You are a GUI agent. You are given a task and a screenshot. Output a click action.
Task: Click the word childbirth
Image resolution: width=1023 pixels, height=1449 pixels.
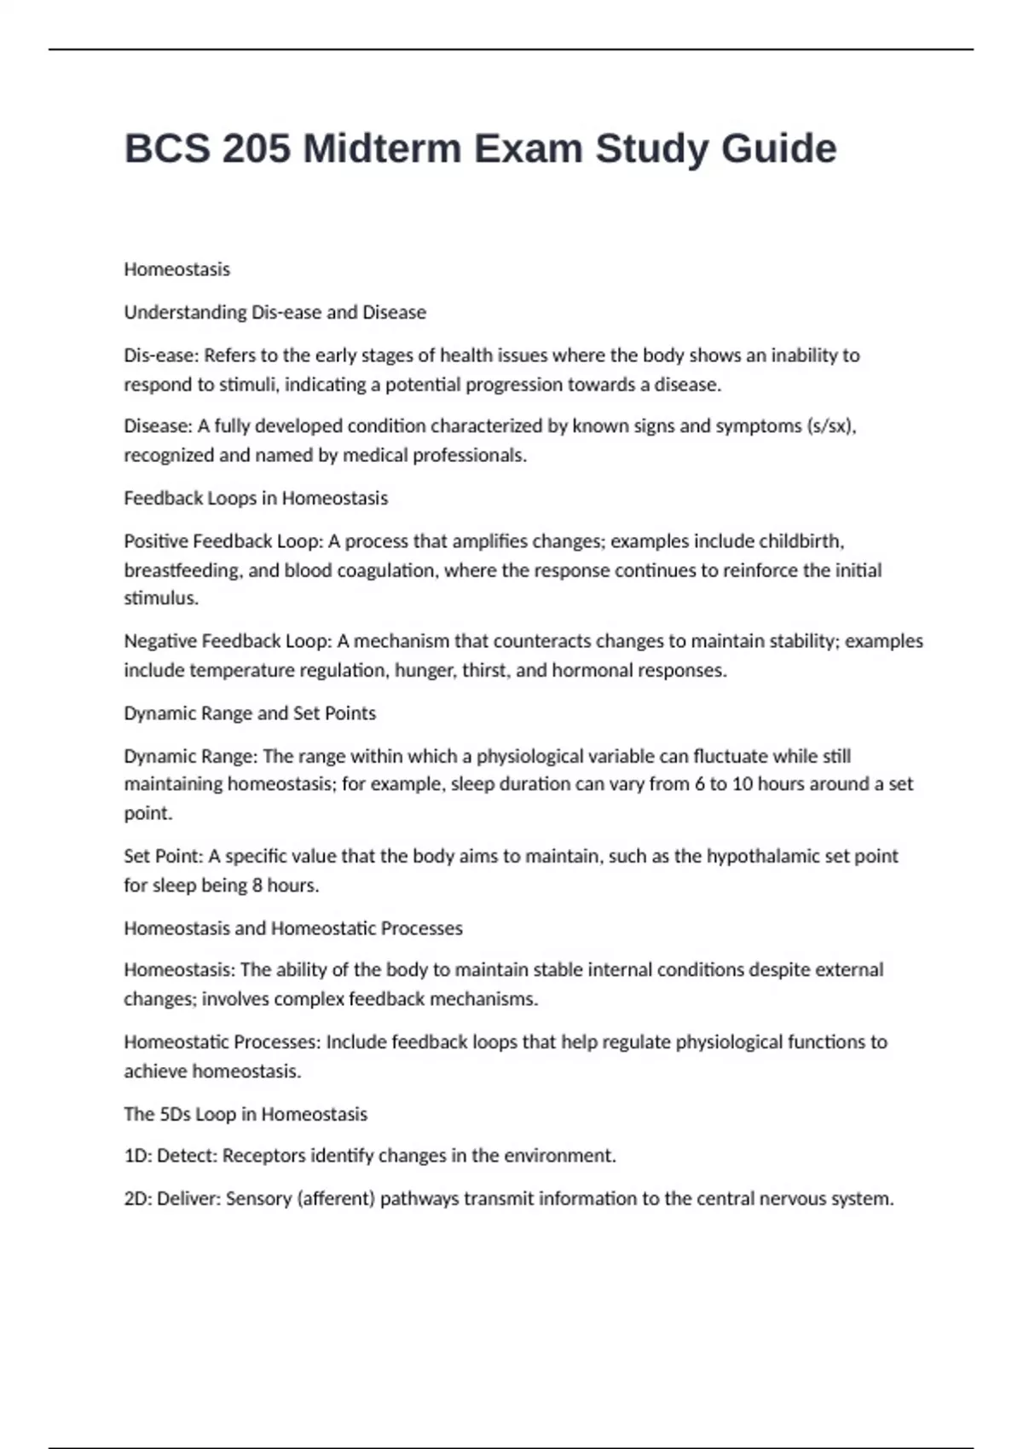tap(801, 541)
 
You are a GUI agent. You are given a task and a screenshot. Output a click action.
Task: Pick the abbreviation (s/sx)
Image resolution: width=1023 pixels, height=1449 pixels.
tap(830, 426)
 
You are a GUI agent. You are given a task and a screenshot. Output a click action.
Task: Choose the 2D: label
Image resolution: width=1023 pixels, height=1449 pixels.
tap(138, 1198)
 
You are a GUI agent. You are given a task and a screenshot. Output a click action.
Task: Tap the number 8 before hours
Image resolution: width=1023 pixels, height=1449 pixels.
tap(257, 886)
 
